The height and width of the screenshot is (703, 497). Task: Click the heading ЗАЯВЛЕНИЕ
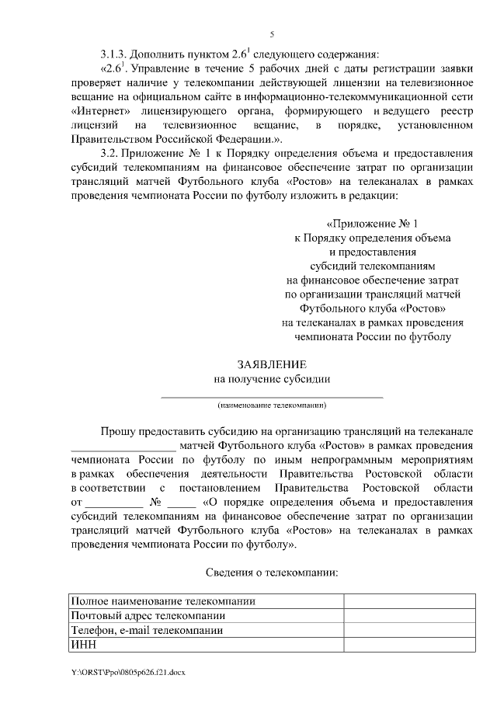272,364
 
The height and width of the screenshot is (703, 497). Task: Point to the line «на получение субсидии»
272,379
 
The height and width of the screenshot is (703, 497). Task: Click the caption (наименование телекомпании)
272,405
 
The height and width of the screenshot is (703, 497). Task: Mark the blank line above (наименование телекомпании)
272,396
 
